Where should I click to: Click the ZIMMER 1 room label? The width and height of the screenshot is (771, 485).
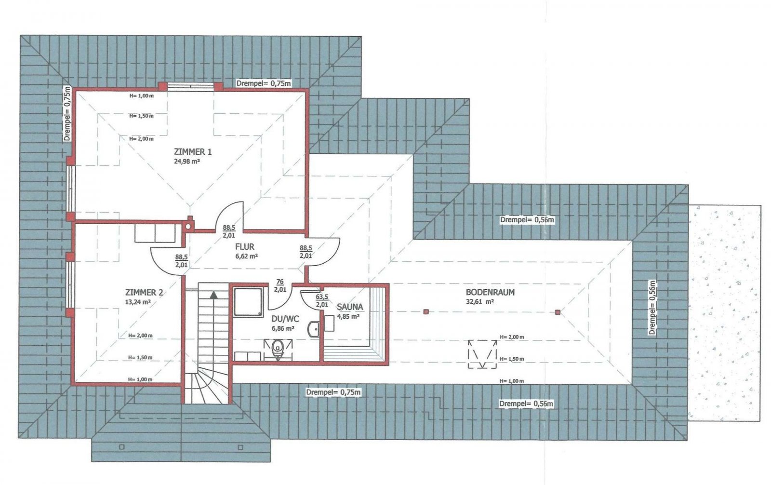coord(193,151)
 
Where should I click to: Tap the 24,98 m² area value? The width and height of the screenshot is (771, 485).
coord(187,161)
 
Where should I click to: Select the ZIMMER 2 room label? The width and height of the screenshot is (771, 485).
coord(144,293)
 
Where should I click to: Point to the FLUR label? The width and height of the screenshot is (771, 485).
coord(245,247)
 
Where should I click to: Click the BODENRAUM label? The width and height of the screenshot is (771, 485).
coord(490,292)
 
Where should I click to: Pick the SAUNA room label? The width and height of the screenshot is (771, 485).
coord(350,307)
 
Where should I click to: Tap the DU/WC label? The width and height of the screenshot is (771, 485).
coord(285,319)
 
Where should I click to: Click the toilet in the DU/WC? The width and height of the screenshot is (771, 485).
coord(278,350)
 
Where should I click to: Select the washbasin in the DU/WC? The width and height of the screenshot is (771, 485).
coord(313,329)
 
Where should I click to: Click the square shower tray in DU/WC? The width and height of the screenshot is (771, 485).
coord(248,302)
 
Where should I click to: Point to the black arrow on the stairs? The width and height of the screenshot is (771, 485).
coord(214,295)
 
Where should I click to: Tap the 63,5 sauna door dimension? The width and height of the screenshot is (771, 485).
coord(322,296)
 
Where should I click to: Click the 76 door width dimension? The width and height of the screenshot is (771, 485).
coord(280,282)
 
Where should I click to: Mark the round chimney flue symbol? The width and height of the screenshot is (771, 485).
coord(188,226)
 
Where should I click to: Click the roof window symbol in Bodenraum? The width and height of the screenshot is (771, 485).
coord(482,354)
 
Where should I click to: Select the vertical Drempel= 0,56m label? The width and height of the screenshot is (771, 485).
coord(652,308)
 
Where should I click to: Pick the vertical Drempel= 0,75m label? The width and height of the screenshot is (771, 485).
coord(67,113)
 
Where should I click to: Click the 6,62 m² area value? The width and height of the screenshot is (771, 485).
coord(246,256)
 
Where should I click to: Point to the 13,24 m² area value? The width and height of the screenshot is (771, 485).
coord(138,302)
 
